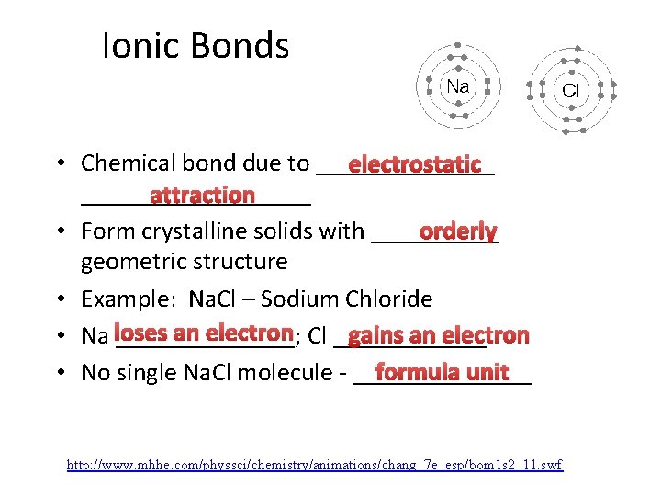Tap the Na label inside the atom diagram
coord(458,87)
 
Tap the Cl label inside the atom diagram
coord(570,90)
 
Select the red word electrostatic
coord(415,164)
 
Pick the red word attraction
coord(202,195)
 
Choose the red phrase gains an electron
coord(439,335)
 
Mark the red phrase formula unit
coord(442,372)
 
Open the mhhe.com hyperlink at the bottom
coord(315,466)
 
